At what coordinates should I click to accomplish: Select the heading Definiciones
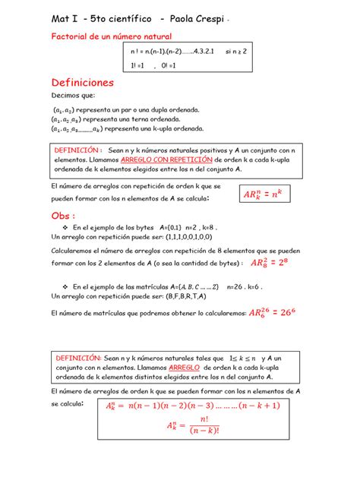point(82,81)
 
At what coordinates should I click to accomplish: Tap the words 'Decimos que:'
point(72,96)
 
